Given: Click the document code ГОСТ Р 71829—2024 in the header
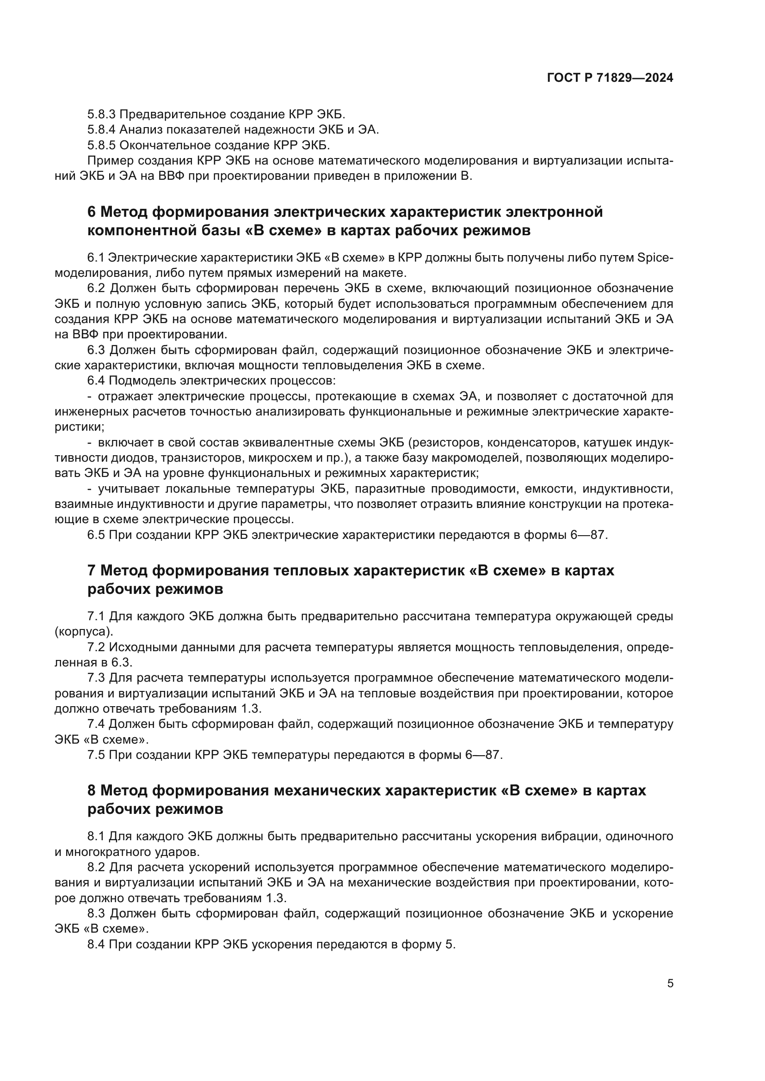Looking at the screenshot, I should pos(610,78).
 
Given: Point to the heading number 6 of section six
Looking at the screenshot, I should pos(92,212).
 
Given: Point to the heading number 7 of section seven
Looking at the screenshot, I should pos(92,571).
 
